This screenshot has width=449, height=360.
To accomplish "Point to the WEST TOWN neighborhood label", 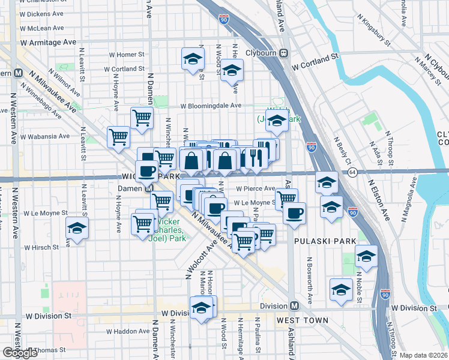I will tap(303, 320).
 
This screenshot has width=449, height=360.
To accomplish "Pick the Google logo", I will tap(19, 353).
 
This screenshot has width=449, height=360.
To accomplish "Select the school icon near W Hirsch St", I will tap(77, 228).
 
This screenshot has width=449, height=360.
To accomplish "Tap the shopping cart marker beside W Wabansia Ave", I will tap(118, 137).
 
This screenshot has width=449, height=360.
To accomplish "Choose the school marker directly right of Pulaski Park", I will tap(366, 256).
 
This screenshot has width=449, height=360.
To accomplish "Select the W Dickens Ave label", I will tap(41, 13).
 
